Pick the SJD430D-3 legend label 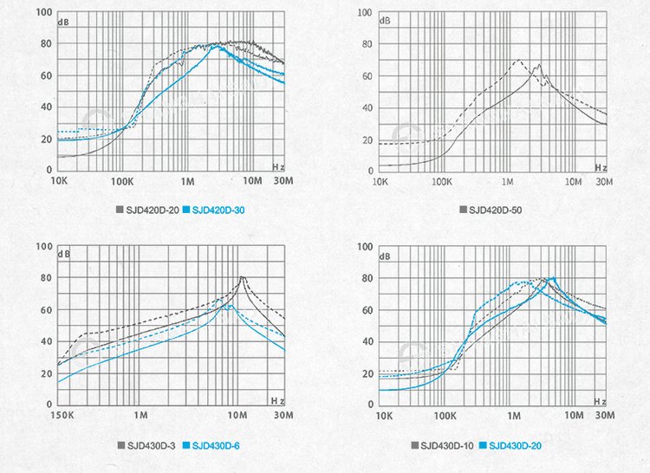153,445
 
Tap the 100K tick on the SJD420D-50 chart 442,182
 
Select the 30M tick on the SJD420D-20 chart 283,182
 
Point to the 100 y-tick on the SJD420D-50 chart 364,13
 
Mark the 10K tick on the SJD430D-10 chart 380,416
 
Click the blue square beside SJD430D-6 183,445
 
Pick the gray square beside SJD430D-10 414,445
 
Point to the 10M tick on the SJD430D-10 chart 573,416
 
